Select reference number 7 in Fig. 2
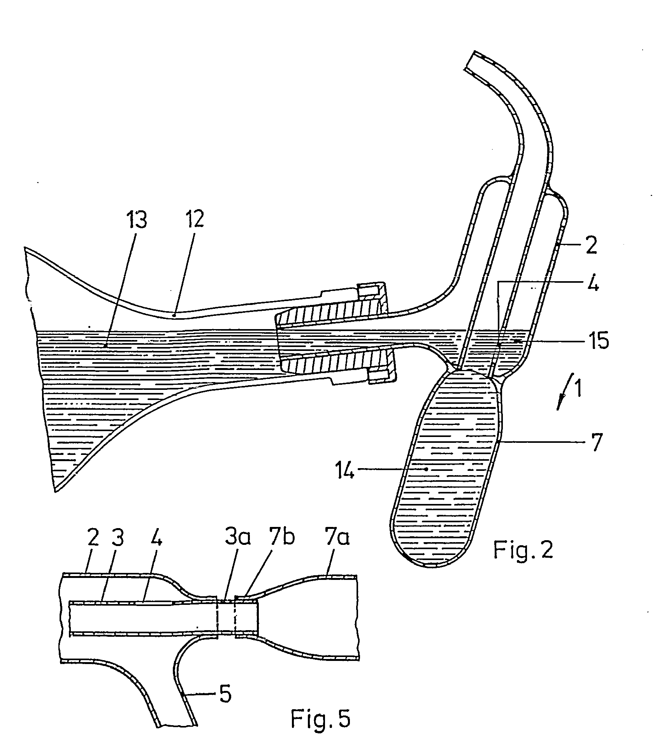(597, 441)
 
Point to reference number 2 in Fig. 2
(591, 247)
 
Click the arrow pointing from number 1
(565, 391)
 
